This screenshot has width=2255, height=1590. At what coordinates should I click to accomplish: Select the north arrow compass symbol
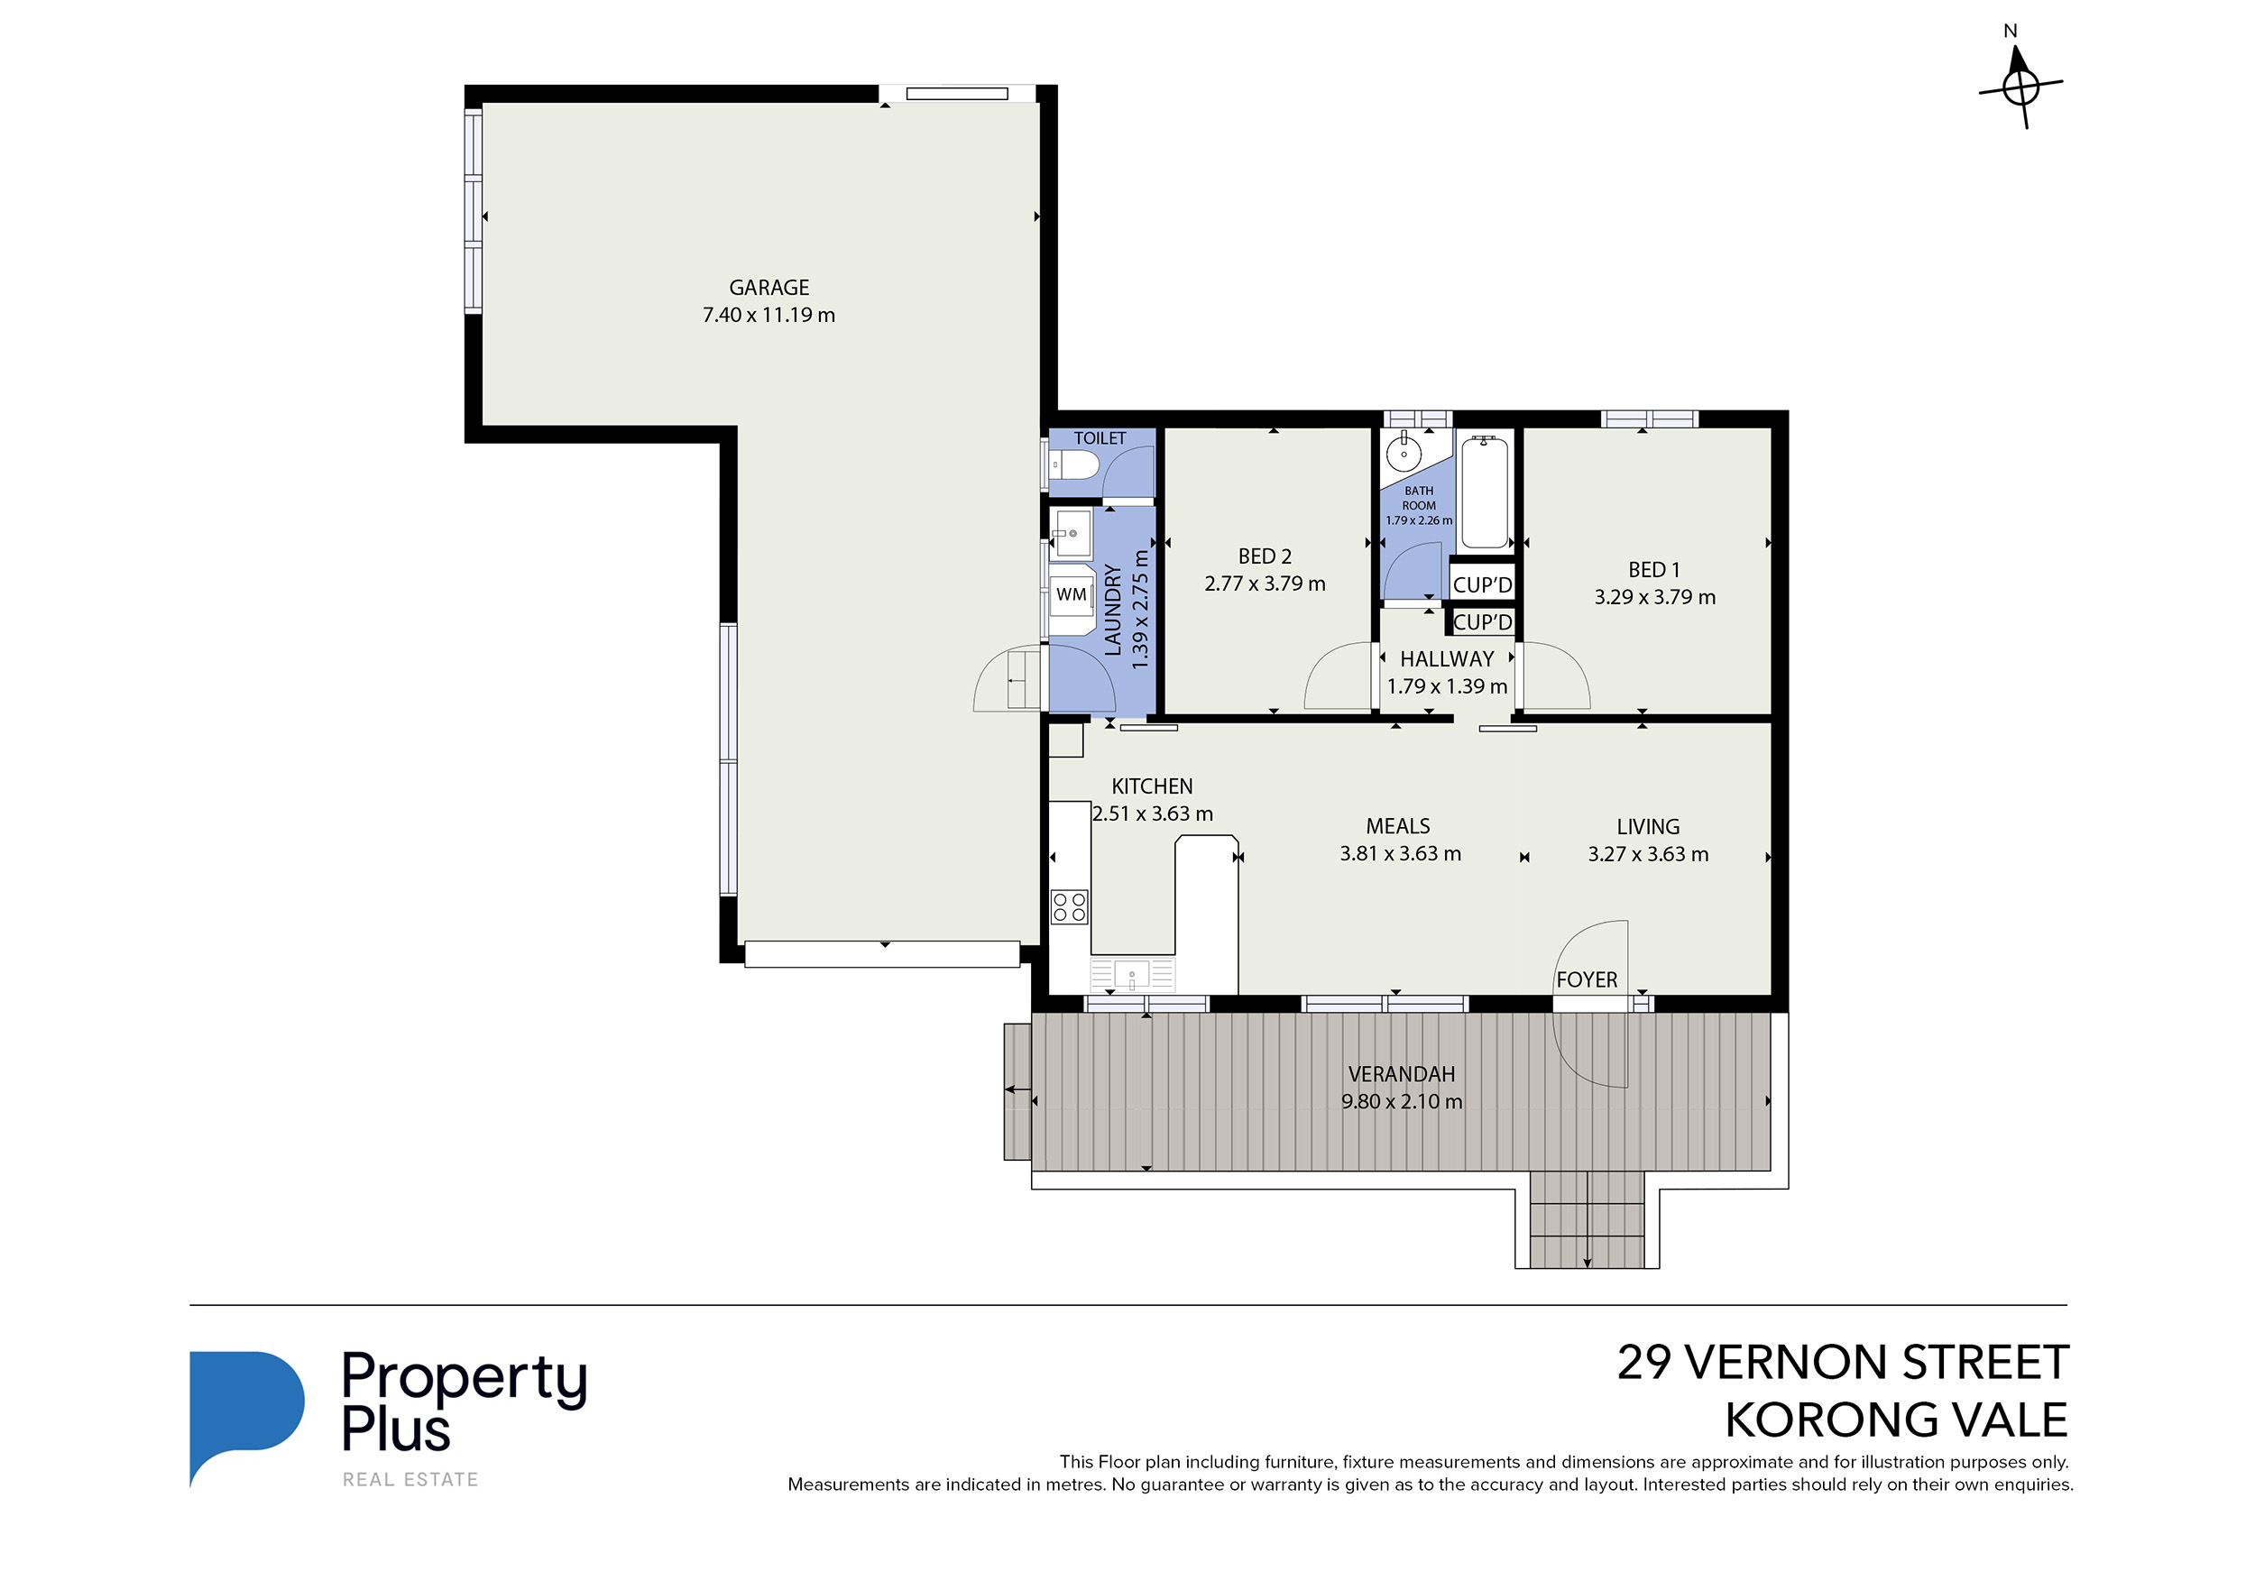2020,87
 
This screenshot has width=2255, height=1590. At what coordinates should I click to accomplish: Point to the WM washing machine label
1071,594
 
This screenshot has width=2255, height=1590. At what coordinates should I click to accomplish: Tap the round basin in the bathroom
1404,454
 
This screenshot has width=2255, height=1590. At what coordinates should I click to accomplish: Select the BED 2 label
1264,556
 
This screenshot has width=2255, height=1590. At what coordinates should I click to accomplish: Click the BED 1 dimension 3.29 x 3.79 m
1654,597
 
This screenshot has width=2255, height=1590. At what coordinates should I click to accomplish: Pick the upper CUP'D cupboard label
1482,585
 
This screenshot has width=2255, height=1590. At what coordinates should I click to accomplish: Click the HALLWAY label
1446,659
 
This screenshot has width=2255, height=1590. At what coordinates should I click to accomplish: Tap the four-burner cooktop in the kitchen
1069,906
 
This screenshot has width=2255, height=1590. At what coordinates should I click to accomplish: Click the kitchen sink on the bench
1131,975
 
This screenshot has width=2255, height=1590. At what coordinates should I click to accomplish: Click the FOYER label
1586,980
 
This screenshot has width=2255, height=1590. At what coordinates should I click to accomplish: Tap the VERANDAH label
1401,1074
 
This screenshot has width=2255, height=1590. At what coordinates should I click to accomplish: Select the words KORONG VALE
1895,1420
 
